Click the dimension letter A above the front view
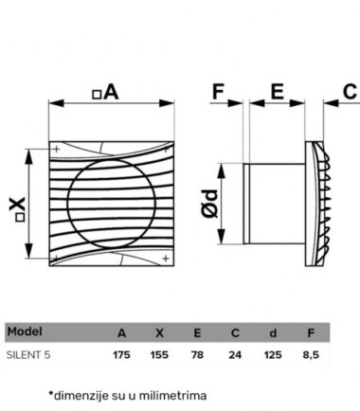coord(111,92)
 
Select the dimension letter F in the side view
coord(218,92)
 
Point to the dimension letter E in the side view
coord(278,92)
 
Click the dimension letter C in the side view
coord(350,92)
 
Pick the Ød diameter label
coord(209,204)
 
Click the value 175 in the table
coord(121,355)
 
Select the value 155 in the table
coord(159,355)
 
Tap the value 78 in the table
coord(197,355)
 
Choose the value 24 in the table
coord(235,355)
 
